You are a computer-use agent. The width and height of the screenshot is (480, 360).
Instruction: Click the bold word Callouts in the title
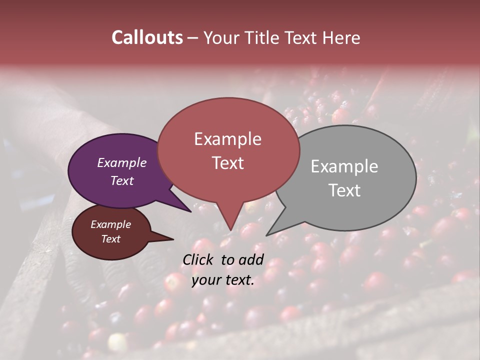pyautogui.click(x=147, y=37)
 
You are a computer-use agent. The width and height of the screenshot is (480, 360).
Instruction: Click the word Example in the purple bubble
pyautogui.click(x=122, y=162)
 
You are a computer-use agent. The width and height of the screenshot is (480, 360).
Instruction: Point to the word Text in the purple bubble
pyautogui.click(x=122, y=180)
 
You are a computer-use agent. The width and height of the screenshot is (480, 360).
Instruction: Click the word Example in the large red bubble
pyautogui.click(x=227, y=139)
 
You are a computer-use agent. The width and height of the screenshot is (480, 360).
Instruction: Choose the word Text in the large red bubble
pyautogui.click(x=227, y=163)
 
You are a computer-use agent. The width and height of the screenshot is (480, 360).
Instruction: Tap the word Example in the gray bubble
pyautogui.click(x=344, y=166)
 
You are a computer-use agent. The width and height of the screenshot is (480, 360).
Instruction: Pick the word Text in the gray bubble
pyautogui.click(x=344, y=190)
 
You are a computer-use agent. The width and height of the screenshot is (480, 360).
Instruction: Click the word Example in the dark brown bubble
pyautogui.click(x=110, y=224)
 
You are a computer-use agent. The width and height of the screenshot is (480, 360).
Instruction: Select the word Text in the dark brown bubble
pyautogui.click(x=110, y=239)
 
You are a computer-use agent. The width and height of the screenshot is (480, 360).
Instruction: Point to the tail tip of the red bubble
pyautogui.click(x=230, y=230)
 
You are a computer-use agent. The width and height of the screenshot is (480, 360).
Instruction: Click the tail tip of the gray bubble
pyautogui.click(x=266, y=235)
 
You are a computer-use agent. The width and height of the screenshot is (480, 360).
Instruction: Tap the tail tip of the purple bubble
pyautogui.click(x=191, y=211)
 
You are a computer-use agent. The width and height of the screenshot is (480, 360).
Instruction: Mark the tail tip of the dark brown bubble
pyautogui.click(x=173, y=239)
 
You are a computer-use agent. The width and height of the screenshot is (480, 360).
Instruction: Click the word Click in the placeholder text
pyautogui.click(x=199, y=259)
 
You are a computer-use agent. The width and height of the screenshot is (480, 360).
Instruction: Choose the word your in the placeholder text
pyautogui.click(x=206, y=280)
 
